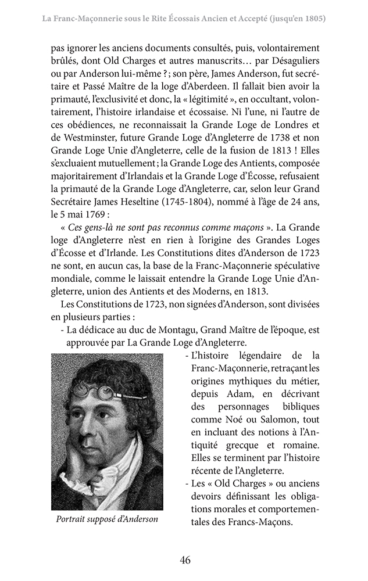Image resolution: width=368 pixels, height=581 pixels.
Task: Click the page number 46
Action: coord(185,560)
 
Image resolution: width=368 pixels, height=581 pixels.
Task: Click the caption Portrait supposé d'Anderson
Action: coord(107,519)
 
